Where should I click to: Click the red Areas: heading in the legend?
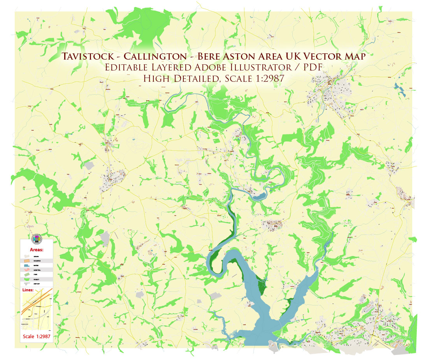[37, 249]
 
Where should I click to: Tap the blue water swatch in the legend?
[27, 265]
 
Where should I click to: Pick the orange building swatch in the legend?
[27, 261]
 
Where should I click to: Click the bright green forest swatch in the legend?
[27, 279]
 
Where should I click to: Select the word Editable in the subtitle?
[124, 67]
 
